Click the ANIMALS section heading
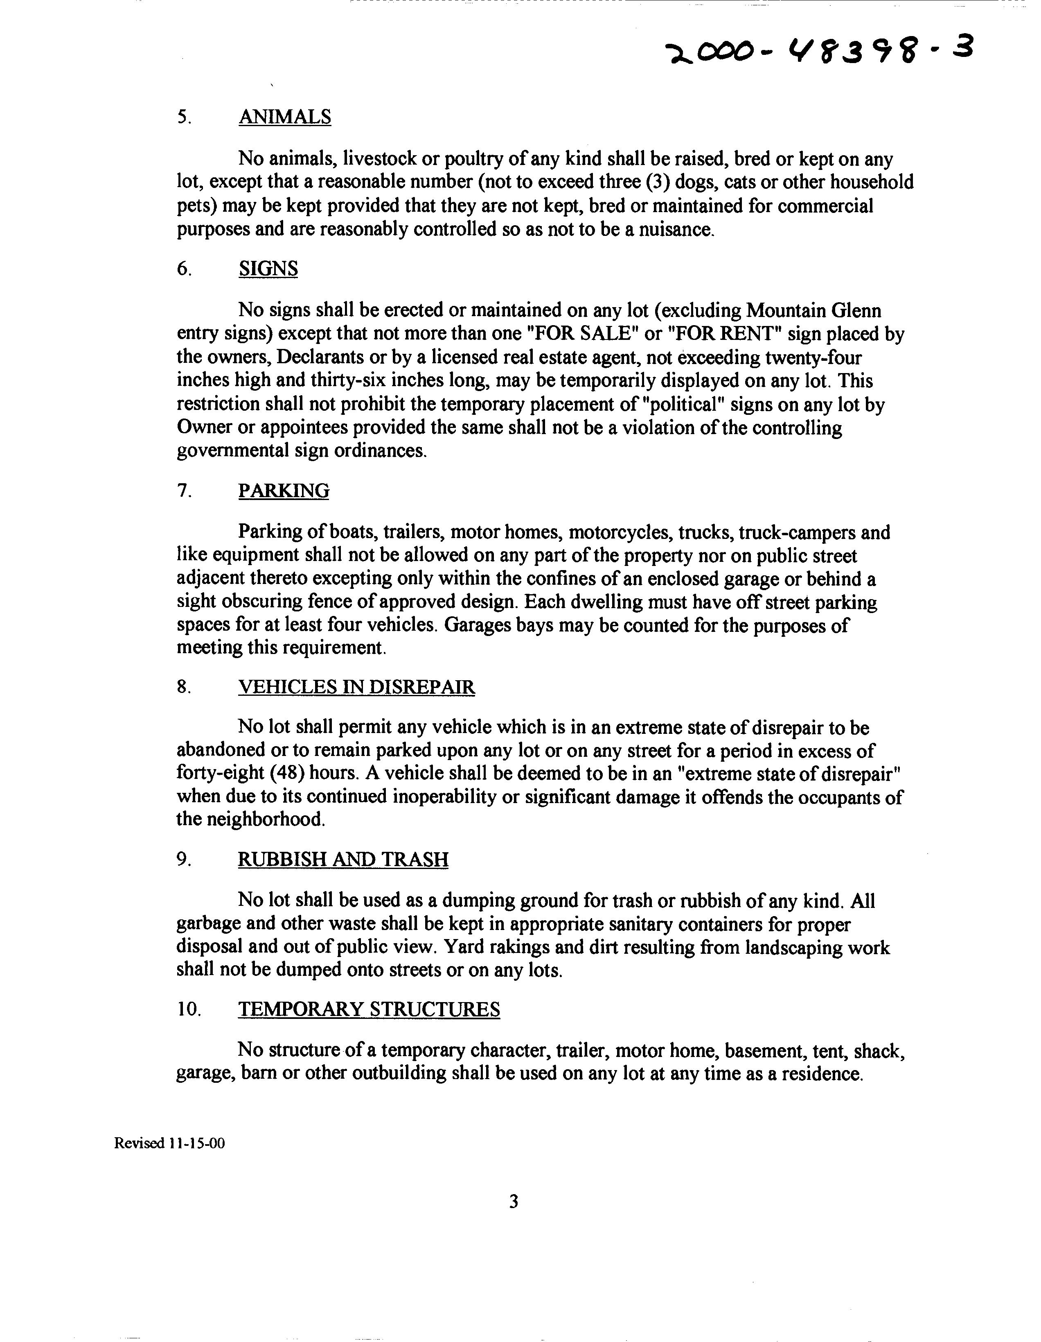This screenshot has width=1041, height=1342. point(284,117)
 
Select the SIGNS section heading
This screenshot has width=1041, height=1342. point(268,269)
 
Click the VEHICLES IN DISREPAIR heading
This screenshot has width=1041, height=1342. point(356,687)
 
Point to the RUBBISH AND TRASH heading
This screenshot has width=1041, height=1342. point(342,859)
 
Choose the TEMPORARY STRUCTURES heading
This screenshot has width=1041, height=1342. point(369,1009)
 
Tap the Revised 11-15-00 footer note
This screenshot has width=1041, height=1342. point(169,1143)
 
